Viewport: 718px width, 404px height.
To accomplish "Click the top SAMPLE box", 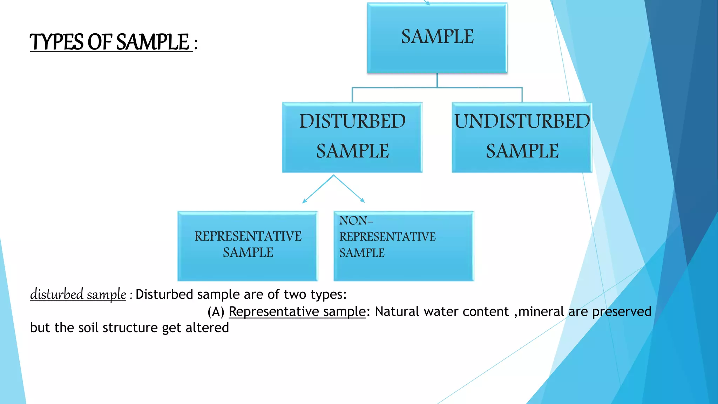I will pos(437,38).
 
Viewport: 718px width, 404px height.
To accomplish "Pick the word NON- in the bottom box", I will pos(355,221).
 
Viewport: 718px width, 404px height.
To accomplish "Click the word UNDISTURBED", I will pos(522,121).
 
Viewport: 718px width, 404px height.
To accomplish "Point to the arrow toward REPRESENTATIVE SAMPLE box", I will pos(317,190).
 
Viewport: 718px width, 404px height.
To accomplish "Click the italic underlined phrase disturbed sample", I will pos(78,294).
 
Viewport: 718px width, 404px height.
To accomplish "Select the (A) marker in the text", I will pos(216,312).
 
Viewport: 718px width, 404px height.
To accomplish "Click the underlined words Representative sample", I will pos(297,312).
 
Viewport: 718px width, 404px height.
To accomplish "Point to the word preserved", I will pos(621,312).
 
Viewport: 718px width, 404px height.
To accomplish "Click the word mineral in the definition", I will pos(541,312).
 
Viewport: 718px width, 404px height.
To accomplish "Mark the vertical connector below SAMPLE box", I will pos(437,80).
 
